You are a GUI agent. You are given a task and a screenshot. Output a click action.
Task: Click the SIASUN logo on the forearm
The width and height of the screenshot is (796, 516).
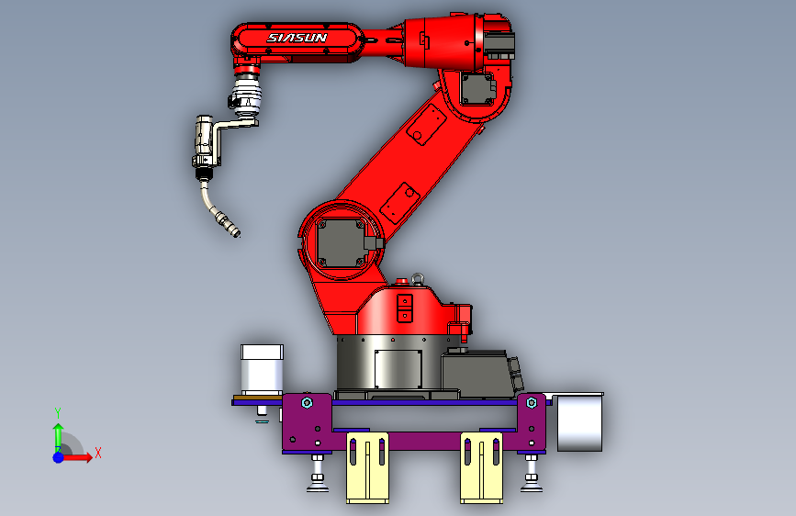[297, 38]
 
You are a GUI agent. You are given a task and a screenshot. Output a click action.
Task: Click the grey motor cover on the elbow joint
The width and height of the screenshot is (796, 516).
[477, 88]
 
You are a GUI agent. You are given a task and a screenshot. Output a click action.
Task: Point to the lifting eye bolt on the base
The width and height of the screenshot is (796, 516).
[418, 278]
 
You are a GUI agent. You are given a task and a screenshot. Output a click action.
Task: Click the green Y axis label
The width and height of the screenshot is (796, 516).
[58, 412]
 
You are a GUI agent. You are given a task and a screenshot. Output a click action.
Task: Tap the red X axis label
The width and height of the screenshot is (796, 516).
[98, 453]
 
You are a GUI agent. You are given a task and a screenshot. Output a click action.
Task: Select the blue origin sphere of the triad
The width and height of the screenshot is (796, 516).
[59, 457]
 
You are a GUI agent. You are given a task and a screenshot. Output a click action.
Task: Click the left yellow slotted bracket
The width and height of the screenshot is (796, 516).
[367, 467]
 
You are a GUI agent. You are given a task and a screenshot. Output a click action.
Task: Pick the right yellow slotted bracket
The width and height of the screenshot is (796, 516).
[482, 467]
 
